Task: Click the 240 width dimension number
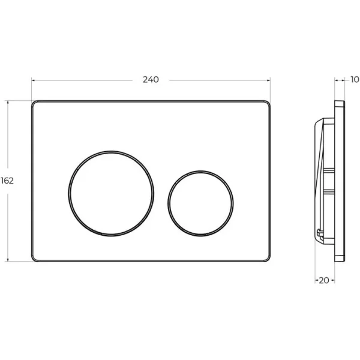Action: point(151,80)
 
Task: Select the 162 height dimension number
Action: point(7,180)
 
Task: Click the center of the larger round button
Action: point(111,191)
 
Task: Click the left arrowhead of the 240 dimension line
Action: point(34,80)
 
